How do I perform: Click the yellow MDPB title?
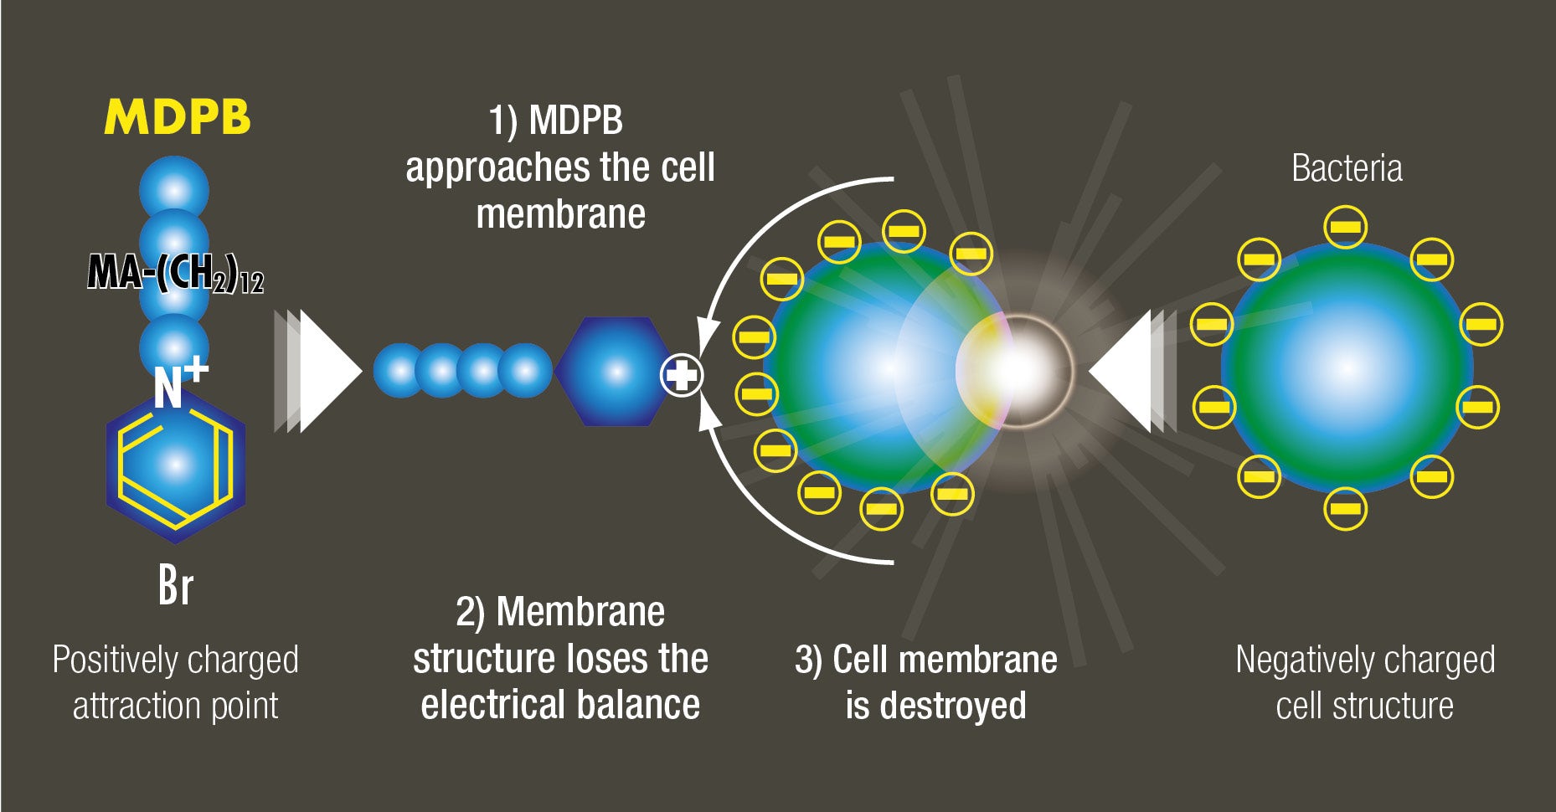tap(178, 117)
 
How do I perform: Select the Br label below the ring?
tap(176, 585)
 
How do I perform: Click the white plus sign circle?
tap(682, 375)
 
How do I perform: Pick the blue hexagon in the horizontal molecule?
tap(615, 372)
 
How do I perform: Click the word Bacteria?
tap(1347, 168)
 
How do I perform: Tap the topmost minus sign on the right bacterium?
tap(1346, 227)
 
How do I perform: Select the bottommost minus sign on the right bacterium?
tap(1346, 508)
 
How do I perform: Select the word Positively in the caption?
tap(113, 660)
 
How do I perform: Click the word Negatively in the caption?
tap(1302, 660)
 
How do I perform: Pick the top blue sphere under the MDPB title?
tap(174, 190)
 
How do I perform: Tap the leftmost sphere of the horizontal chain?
tap(400, 370)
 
